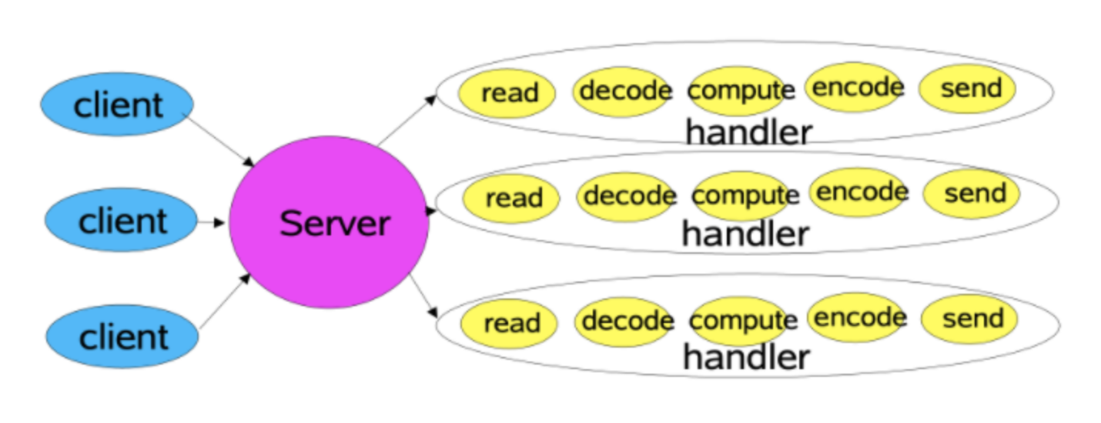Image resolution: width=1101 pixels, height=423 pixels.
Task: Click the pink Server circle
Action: click(x=330, y=224)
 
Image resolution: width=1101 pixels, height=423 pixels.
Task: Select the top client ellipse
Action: click(x=117, y=105)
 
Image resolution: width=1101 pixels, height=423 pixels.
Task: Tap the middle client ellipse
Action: click(x=121, y=221)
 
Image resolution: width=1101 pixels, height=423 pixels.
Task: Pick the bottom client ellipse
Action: click(x=122, y=337)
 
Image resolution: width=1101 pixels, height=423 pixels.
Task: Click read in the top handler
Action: click(x=508, y=93)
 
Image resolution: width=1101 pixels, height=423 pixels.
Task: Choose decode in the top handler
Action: click(x=624, y=92)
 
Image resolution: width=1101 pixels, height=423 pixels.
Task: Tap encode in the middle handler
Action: click(x=860, y=192)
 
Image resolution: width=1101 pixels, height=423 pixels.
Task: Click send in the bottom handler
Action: click(x=971, y=318)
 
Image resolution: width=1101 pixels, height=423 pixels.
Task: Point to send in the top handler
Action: click(x=969, y=88)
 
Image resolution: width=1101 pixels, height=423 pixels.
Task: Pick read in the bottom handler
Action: click(x=510, y=323)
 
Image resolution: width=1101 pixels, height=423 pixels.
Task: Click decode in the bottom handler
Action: click(x=626, y=320)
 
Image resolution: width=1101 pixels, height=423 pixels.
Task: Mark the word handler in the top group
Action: click(x=748, y=133)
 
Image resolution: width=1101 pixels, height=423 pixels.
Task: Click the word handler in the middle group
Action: click(x=745, y=234)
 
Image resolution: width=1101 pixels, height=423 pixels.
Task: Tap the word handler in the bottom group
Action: click(x=745, y=357)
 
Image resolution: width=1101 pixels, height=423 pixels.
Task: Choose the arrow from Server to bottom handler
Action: click(x=424, y=296)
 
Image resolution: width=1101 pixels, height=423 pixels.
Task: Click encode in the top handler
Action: click(x=855, y=87)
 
